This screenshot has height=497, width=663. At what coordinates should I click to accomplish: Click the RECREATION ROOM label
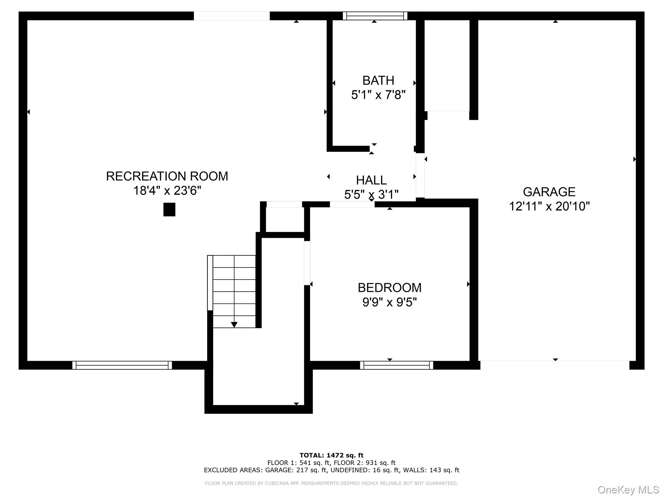coord(167,176)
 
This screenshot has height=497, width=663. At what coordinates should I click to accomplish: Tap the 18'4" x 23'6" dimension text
coord(167,191)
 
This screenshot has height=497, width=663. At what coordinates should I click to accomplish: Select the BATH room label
coord(378,80)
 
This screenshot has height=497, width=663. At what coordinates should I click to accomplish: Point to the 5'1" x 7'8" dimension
coord(378,95)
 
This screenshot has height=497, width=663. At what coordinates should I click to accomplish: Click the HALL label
coord(371,180)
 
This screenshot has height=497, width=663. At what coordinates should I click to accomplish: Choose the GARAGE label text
coord(549,192)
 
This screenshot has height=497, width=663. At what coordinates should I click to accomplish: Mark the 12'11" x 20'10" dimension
coord(549,206)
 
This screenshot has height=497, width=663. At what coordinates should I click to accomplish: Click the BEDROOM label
coord(389,288)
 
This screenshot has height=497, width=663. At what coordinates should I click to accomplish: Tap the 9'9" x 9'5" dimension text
coord(389,302)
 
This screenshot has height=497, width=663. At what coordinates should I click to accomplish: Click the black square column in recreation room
coord(169,209)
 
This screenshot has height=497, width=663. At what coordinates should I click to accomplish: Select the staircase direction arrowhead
coord(234,325)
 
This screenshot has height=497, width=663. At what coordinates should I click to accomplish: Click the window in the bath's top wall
coord(375,16)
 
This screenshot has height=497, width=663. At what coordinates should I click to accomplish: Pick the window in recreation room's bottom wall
coord(122,365)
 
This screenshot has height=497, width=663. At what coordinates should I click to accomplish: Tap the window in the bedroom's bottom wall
coord(397,365)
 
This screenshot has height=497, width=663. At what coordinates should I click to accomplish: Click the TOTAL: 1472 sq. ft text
coord(331,455)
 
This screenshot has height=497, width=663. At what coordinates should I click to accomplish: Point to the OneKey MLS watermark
coord(628,490)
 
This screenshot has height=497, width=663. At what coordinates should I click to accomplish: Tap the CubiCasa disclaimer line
coord(331,483)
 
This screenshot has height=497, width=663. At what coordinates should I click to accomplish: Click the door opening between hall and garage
coord(420,176)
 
